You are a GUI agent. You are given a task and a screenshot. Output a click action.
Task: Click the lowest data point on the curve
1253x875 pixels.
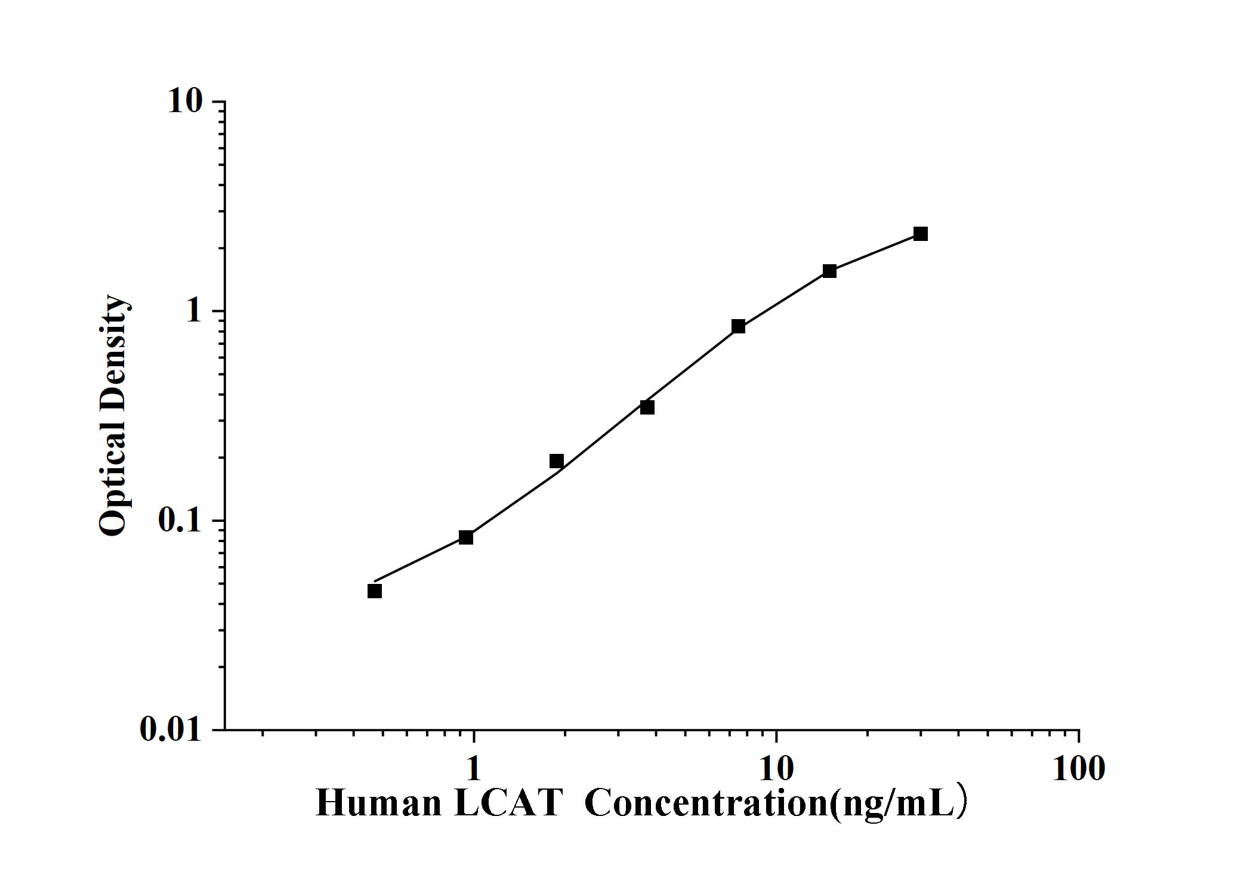(x=375, y=591)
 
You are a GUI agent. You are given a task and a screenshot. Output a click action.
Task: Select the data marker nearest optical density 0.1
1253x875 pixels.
(x=466, y=537)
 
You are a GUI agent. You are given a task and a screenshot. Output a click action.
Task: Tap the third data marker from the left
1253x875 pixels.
(x=557, y=461)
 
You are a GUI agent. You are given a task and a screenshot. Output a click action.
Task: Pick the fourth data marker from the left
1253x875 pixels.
(x=647, y=407)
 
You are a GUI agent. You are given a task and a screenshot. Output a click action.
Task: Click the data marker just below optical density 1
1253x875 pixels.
(x=738, y=326)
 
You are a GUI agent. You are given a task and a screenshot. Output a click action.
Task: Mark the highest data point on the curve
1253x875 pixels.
(x=921, y=234)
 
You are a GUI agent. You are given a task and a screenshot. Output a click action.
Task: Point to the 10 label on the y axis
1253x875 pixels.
(x=186, y=101)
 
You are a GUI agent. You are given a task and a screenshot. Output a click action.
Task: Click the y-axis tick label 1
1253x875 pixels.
(x=194, y=311)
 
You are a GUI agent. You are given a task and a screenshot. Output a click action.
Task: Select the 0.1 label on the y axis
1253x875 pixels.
(x=180, y=521)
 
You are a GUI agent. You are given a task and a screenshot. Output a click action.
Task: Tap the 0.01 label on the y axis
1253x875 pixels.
(x=171, y=729)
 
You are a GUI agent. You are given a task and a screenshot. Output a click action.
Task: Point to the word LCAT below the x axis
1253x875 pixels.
(x=508, y=803)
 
